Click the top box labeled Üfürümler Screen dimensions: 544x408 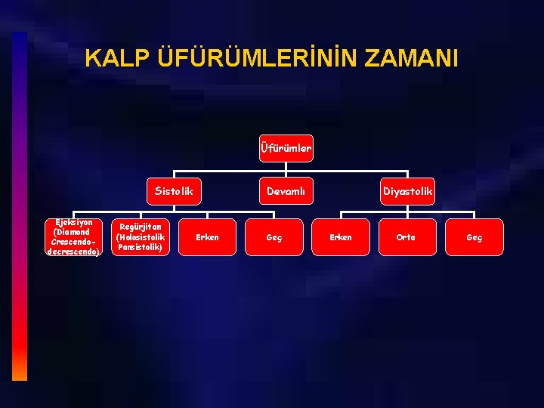(x=286, y=148)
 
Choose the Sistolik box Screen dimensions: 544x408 (x=174, y=191)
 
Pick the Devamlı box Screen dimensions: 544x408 (x=286, y=191)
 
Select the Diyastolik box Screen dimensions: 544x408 (x=408, y=191)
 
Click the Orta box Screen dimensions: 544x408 (x=406, y=237)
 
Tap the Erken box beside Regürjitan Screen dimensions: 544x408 (x=207, y=237)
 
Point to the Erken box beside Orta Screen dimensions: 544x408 (x=341, y=237)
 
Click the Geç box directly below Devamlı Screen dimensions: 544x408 (x=274, y=237)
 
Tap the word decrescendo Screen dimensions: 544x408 (x=73, y=251)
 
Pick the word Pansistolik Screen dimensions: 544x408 (x=140, y=247)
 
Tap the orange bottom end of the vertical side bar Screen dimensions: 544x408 (x=20, y=372)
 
